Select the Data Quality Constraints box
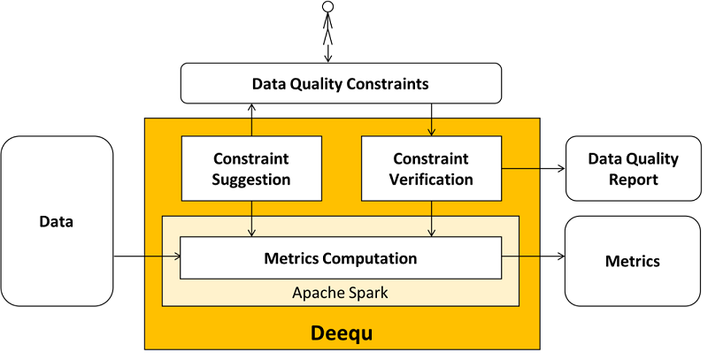pos(341,84)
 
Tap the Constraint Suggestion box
pos(252,168)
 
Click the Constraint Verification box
pos(431,168)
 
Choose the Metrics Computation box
pos(341,259)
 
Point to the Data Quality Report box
pos(633,168)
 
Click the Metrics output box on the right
pos(633,261)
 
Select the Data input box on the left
pos(57,222)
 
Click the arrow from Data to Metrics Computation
pos(147,257)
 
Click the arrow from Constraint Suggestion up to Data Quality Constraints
pos(252,119)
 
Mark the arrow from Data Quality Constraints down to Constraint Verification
pos(431,119)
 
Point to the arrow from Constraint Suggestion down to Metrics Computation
pos(252,218)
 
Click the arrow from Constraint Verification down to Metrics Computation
pos(431,218)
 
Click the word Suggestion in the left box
pos(252,180)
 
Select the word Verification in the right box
pos(431,180)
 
